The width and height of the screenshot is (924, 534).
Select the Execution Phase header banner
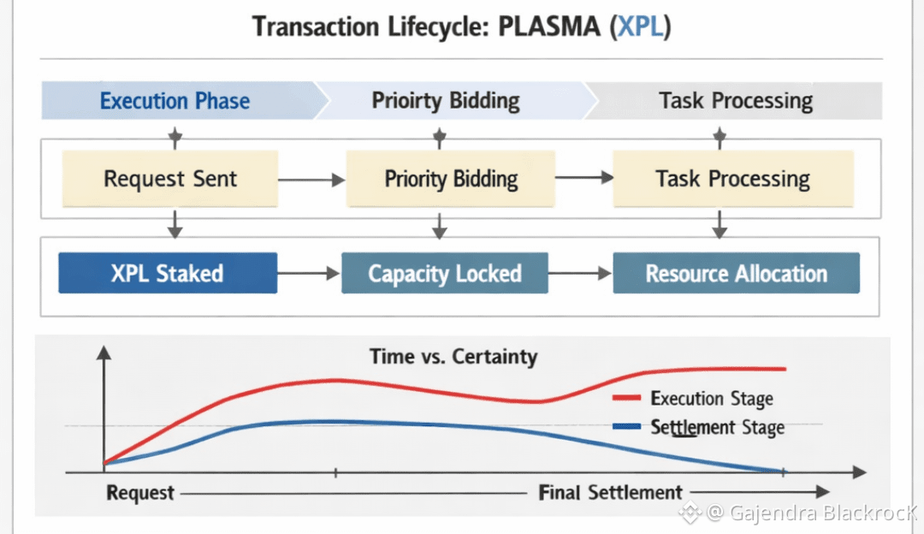tap(175, 101)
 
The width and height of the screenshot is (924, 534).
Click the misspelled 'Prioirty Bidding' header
tap(445, 101)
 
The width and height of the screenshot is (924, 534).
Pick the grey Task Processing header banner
tap(735, 101)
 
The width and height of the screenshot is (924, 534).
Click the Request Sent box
tap(169, 180)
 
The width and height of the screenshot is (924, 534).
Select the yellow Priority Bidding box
tap(451, 180)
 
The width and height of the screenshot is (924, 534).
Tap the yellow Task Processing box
tap(732, 180)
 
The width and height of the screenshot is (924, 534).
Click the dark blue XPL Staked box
tap(167, 274)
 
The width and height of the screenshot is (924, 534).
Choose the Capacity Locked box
tap(444, 274)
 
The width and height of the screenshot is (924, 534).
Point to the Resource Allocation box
tap(736, 274)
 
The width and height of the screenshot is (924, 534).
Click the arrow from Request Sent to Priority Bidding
tap(311, 180)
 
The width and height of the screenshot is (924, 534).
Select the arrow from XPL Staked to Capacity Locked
tap(309, 274)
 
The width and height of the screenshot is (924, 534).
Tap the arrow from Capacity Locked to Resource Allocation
tap(581, 274)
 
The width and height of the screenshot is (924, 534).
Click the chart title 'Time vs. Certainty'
tap(453, 356)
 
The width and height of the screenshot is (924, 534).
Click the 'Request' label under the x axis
tap(140, 493)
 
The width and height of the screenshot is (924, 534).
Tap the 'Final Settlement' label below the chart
tap(611, 492)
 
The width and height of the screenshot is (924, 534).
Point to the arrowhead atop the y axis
tap(104, 353)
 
